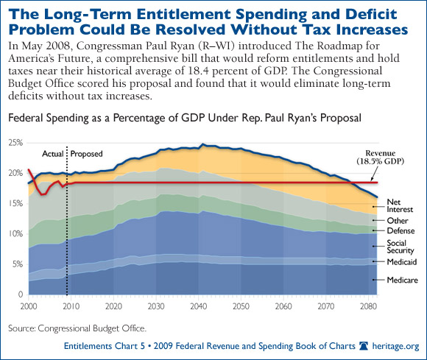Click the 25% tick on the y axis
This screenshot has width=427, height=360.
15,143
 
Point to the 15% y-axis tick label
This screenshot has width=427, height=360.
15,203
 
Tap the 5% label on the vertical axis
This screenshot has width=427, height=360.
18,264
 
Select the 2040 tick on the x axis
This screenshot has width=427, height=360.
199,306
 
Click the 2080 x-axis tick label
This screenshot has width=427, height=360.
368,306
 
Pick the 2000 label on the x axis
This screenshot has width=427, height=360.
29,306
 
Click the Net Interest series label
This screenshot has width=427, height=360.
400,205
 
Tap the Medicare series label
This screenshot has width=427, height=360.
402,280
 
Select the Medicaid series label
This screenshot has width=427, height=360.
402,262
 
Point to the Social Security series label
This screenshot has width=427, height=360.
400,247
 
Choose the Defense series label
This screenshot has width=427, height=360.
400,231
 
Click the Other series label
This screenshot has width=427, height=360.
398,221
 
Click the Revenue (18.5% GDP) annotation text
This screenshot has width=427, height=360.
381,157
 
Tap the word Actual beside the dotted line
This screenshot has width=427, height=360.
53,154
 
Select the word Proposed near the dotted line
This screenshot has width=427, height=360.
86,154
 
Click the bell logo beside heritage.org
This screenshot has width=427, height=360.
364,346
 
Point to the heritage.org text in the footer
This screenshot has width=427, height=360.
395,346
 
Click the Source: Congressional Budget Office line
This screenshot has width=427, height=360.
77,328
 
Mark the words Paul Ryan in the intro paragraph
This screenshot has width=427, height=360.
169,46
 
